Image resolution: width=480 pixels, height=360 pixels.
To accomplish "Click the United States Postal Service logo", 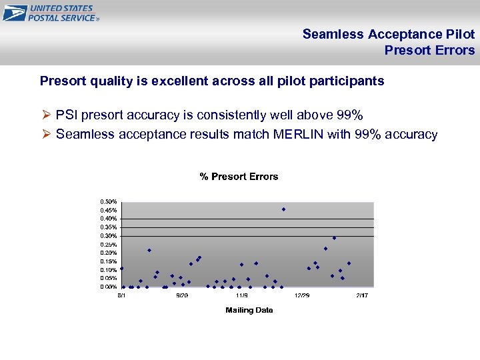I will [51, 13].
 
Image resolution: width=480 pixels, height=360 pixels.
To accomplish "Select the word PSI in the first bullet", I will [68, 115].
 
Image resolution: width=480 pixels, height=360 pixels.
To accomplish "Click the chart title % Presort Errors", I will [239, 177].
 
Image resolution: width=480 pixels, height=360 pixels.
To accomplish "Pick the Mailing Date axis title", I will [249, 310].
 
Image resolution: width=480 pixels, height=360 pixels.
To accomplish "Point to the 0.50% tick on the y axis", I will [109, 201].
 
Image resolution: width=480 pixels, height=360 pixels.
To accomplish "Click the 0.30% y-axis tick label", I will [109, 235].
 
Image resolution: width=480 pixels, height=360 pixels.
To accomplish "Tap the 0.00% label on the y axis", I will [109, 287].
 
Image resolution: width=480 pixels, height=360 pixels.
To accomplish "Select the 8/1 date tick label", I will [122, 295].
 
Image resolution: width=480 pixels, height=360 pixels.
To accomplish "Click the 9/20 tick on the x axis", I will [181, 295].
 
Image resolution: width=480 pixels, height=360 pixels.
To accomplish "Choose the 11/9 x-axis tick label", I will [241, 295].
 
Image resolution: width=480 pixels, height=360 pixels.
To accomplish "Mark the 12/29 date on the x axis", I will [302, 295].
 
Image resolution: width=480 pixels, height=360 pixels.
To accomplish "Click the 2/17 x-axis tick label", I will [361, 295].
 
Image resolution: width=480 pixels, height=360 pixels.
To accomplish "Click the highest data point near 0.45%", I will [283, 209].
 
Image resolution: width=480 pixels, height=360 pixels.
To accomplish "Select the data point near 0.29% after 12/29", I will [334, 238].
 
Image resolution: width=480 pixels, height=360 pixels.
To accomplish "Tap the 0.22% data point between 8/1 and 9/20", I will [149, 250].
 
